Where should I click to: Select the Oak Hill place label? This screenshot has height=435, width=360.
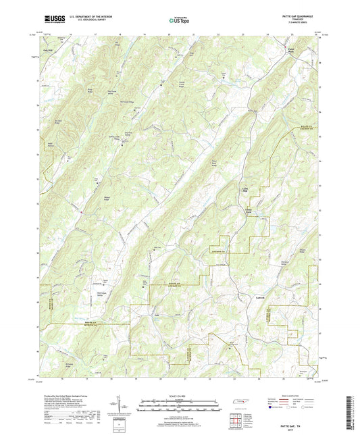(48, 49)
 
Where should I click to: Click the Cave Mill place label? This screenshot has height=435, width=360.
(246, 188)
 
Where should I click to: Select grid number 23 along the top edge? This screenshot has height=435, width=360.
(240, 32)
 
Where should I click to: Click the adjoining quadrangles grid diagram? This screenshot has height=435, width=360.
(236, 422)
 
